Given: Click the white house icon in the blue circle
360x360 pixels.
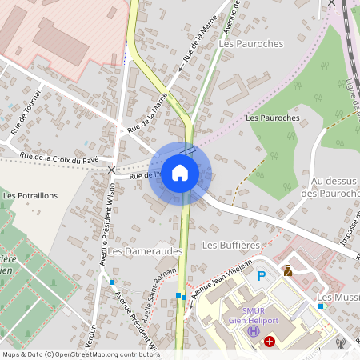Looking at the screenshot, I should [x=180, y=173].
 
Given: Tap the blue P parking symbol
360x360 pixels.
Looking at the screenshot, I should [x=261, y=276].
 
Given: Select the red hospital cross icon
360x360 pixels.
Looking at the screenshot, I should [x=270, y=342].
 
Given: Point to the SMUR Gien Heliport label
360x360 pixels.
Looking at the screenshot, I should [x=254, y=316].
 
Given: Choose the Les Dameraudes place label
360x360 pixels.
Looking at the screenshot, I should [x=146, y=250].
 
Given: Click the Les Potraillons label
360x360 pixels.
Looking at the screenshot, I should [x=30, y=195].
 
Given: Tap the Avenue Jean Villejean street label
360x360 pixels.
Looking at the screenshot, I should [x=222, y=274].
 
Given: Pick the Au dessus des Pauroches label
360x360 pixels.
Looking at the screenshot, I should [x=322, y=188].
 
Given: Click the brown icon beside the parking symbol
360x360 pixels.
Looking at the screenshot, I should [x=287, y=270].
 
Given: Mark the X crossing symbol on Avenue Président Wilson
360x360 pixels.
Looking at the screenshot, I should [x=112, y=170].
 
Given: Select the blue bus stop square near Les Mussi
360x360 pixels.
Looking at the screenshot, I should [x=321, y=306].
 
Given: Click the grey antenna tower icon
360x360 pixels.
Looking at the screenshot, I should [x=340, y=344].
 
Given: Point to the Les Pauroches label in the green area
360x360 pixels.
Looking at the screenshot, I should [x=273, y=118].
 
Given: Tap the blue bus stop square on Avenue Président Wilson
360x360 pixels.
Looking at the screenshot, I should [x=112, y=282].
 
